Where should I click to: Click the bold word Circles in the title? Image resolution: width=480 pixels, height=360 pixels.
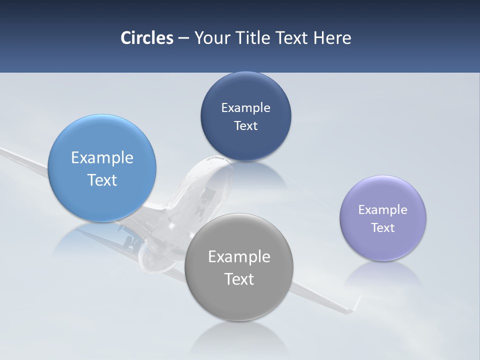point(147,38)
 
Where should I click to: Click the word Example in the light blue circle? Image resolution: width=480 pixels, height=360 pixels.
point(102,158)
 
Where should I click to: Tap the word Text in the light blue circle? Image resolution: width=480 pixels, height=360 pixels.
point(102,180)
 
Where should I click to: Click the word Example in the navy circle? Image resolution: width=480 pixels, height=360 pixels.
point(245,108)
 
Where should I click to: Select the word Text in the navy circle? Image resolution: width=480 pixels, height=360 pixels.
point(245,126)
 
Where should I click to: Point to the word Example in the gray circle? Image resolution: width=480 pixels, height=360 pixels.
point(239,257)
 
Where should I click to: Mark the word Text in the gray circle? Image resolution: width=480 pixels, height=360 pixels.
point(239,279)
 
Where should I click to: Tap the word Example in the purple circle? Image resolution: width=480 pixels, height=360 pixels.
point(383,210)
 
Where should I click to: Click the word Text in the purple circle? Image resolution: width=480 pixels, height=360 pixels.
point(383,228)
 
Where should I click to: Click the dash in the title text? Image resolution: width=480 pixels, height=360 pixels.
point(183,38)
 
